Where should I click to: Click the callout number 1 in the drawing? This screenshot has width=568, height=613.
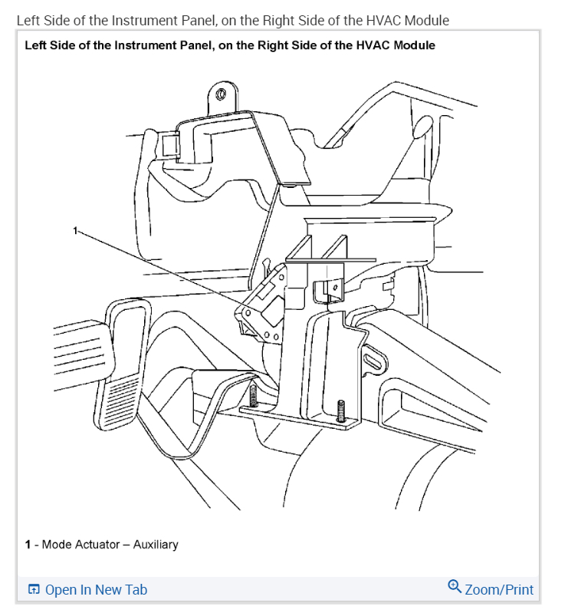click(x=76, y=229)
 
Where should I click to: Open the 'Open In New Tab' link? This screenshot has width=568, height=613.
click(x=96, y=589)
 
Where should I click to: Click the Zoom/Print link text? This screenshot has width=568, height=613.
click(x=499, y=589)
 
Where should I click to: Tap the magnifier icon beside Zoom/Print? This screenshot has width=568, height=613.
click(x=455, y=588)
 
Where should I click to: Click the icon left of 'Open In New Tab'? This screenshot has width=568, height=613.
click(x=34, y=589)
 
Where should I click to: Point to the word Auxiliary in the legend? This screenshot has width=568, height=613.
click(x=155, y=544)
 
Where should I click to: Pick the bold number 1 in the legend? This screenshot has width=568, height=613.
click(x=28, y=544)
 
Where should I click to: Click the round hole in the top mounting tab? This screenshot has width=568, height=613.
click(x=221, y=94)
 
